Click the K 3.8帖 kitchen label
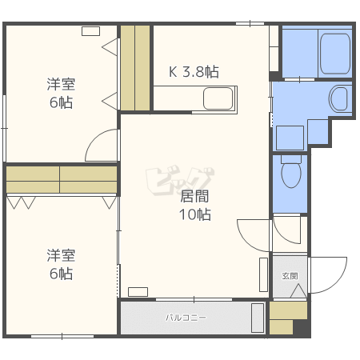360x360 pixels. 194,72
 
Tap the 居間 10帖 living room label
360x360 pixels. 195,205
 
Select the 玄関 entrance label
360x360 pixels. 290,276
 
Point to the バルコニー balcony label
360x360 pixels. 186,318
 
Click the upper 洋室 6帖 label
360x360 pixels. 61,93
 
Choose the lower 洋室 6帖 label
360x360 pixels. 61,264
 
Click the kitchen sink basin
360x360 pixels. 218,98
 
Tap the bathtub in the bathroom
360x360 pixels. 335,54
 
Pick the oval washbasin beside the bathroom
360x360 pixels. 339,98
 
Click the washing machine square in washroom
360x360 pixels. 290,138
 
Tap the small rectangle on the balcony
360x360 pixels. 258,318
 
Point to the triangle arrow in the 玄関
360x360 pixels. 298,291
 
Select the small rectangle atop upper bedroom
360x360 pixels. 90,31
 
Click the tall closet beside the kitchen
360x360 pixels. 135,68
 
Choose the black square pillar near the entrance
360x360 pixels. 302,328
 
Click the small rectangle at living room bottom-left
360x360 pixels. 138,292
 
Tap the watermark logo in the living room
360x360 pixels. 180,181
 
